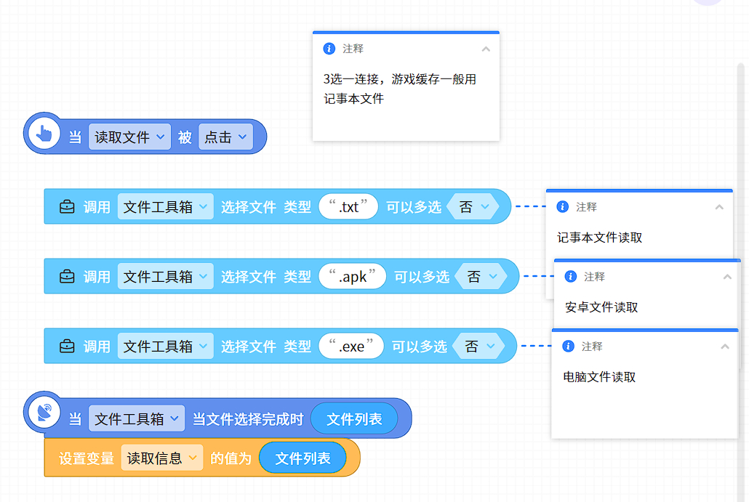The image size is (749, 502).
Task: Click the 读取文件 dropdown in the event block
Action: point(129,137)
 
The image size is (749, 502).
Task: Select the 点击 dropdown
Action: point(225,137)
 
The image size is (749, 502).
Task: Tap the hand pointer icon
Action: point(44,134)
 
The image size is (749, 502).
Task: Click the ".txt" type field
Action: point(348,206)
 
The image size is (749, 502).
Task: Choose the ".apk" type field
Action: point(352,276)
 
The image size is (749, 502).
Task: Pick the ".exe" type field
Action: point(351,346)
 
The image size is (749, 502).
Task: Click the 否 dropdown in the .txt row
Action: point(473,206)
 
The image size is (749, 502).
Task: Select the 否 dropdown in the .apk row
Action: point(481,276)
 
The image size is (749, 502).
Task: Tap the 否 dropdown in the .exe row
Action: point(478,346)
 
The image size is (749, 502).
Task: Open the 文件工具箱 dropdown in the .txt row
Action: point(165,206)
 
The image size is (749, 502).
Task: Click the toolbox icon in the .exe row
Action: point(67,346)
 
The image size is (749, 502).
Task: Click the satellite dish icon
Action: point(44,413)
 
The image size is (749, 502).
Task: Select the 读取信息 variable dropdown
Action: point(162,458)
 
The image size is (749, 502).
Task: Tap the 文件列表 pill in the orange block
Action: point(303,458)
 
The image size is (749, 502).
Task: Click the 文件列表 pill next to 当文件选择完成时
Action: point(354,419)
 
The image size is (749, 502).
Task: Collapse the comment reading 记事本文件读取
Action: point(719,207)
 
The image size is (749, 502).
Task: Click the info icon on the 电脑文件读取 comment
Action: point(568,346)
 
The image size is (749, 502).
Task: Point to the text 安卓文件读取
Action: point(601,307)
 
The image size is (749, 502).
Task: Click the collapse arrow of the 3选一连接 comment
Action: point(486,49)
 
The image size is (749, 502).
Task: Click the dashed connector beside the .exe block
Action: point(536,346)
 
